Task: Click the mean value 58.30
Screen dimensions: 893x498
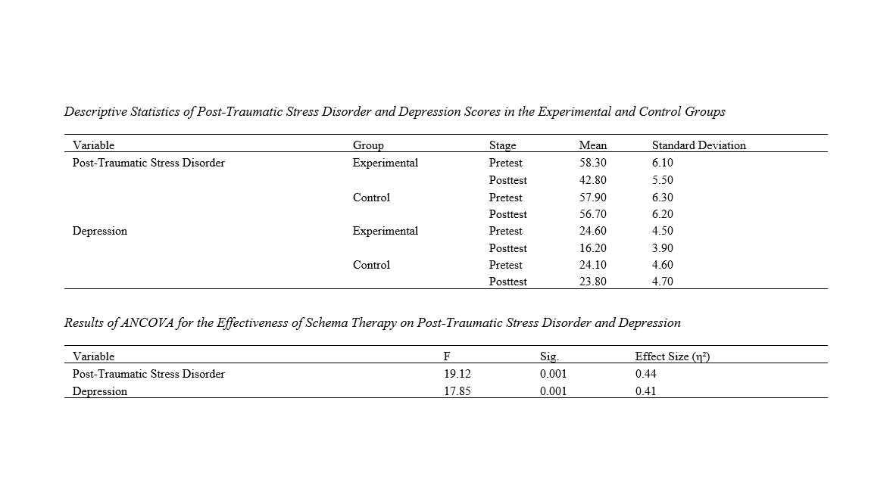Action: pyautogui.click(x=592, y=163)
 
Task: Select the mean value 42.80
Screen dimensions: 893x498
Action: pyautogui.click(x=592, y=180)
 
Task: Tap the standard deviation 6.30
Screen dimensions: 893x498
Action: pyautogui.click(x=662, y=198)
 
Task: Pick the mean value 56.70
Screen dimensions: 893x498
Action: pyautogui.click(x=592, y=214)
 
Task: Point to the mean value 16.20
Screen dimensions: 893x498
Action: pyautogui.click(x=592, y=248)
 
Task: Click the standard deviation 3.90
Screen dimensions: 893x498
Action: pyautogui.click(x=662, y=248)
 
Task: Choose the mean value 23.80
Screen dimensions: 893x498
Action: pyautogui.click(x=592, y=281)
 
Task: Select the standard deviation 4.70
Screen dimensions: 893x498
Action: pyautogui.click(x=662, y=281)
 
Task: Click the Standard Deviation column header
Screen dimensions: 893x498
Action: pyautogui.click(x=699, y=145)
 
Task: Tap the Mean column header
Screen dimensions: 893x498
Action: pyautogui.click(x=593, y=145)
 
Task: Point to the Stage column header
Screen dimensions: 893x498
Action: pyautogui.click(x=502, y=146)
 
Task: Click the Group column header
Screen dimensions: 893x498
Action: pyautogui.click(x=368, y=146)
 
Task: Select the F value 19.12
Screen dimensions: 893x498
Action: pyautogui.click(x=457, y=374)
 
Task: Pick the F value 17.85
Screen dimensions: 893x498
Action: pyautogui.click(x=457, y=391)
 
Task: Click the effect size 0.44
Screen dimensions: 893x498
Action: pyautogui.click(x=646, y=374)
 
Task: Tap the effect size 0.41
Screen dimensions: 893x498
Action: pyautogui.click(x=646, y=391)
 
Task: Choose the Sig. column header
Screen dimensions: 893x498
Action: pyautogui.click(x=549, y=357)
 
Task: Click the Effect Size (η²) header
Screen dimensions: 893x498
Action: pyautogui.click(x=673, y=357)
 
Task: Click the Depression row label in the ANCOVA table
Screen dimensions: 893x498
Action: pyautogui.click(x=100, y=391)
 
